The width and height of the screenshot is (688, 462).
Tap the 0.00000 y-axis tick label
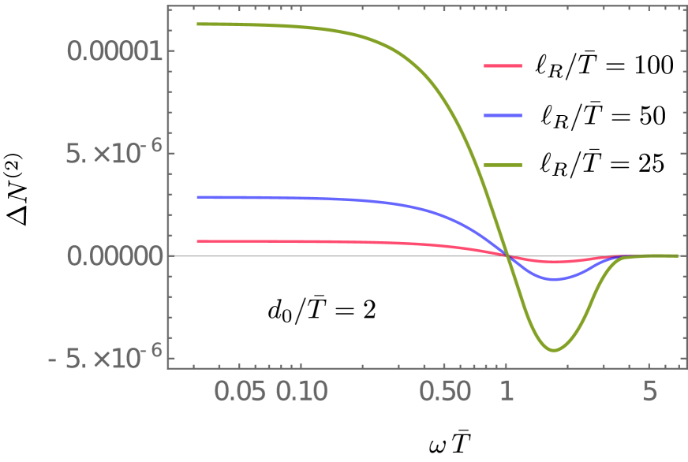(115, 256)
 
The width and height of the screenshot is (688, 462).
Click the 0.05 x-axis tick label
(239, 391)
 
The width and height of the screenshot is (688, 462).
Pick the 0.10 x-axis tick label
(301, 391)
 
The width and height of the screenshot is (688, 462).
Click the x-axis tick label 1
(506, 391)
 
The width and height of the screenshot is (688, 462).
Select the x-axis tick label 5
(649, 391)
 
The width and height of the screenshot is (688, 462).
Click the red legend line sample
(502, 66)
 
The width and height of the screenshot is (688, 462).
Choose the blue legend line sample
(502, 116)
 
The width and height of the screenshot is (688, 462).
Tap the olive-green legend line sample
(502, 166)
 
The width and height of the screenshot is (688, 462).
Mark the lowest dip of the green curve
(554, 350)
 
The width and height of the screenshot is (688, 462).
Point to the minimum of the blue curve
(555, 279)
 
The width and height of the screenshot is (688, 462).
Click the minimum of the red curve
(555, 261)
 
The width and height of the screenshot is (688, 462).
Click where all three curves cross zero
(507, 255)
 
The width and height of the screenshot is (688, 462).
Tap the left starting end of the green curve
(197, 24)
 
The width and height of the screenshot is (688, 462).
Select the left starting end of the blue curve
(197, 197)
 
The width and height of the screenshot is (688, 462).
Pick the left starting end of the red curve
(197, 240)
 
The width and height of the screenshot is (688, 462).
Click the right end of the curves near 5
(677, 255)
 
